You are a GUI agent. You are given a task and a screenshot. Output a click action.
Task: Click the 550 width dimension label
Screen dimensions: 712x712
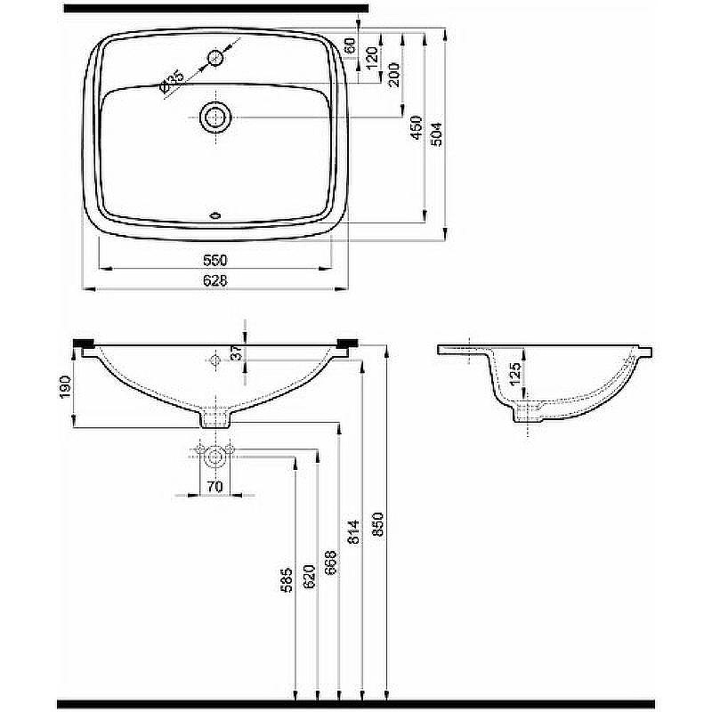click(214, 260)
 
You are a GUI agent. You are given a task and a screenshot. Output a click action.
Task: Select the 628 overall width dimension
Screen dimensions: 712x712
click(214, 281)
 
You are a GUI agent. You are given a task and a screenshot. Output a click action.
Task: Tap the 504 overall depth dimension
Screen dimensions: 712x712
click(436, 134)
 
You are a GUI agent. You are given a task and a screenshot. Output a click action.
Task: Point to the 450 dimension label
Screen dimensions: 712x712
click(417, 127)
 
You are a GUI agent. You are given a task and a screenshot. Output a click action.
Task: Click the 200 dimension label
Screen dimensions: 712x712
click(393, 75)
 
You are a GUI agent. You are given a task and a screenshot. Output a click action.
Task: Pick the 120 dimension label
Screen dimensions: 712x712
click(371, 58)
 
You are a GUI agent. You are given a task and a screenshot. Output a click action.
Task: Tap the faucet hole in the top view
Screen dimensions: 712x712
click(215, 58)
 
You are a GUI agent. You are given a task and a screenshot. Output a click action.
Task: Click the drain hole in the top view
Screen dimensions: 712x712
click(215, 117)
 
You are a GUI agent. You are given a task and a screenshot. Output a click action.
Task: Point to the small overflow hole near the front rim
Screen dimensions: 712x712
click(215, 215)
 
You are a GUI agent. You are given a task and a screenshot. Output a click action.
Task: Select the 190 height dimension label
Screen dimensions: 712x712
click(65, 387)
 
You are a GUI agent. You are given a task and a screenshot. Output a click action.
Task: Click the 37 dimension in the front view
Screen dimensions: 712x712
click(237, 352)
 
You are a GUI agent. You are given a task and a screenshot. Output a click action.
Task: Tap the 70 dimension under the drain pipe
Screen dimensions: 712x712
click(214, 486)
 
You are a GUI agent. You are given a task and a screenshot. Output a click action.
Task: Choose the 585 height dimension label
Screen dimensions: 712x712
click(286, 581)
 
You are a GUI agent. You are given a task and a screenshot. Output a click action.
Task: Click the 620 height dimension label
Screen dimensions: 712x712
click(309, 576)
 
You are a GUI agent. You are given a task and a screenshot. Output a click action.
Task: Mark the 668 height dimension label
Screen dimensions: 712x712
click(331, 562)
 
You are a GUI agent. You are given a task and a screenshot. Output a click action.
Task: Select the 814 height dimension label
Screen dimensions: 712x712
click(353, 531)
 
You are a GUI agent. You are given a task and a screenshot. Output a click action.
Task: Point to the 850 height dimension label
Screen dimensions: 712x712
click(377, 524)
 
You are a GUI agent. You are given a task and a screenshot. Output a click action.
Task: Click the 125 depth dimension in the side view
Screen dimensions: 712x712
click(515, 373)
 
